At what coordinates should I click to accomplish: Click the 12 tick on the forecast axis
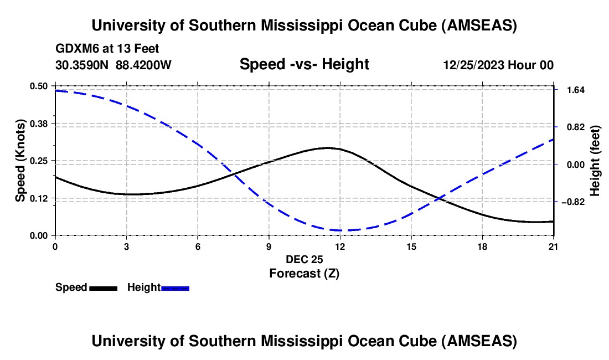339,246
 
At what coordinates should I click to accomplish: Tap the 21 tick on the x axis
554,246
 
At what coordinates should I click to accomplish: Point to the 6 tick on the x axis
197,246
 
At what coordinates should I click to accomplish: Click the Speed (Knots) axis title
20,161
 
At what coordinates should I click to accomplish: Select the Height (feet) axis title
596,161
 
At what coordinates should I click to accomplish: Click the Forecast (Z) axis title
304,273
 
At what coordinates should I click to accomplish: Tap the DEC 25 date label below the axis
304,259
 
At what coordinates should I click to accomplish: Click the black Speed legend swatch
103,287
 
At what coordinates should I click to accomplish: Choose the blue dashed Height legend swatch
175,287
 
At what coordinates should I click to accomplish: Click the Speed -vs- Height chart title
304,64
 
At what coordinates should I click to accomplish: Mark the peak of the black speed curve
328,148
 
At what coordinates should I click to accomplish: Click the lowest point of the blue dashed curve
339,230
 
